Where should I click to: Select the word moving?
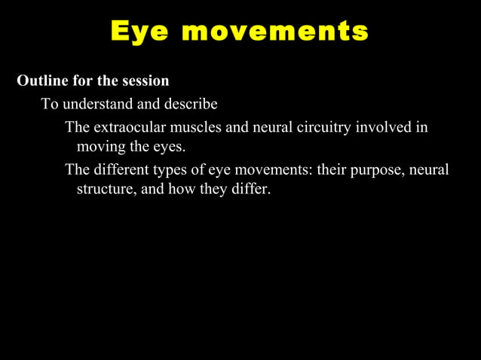pos(102,146)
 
